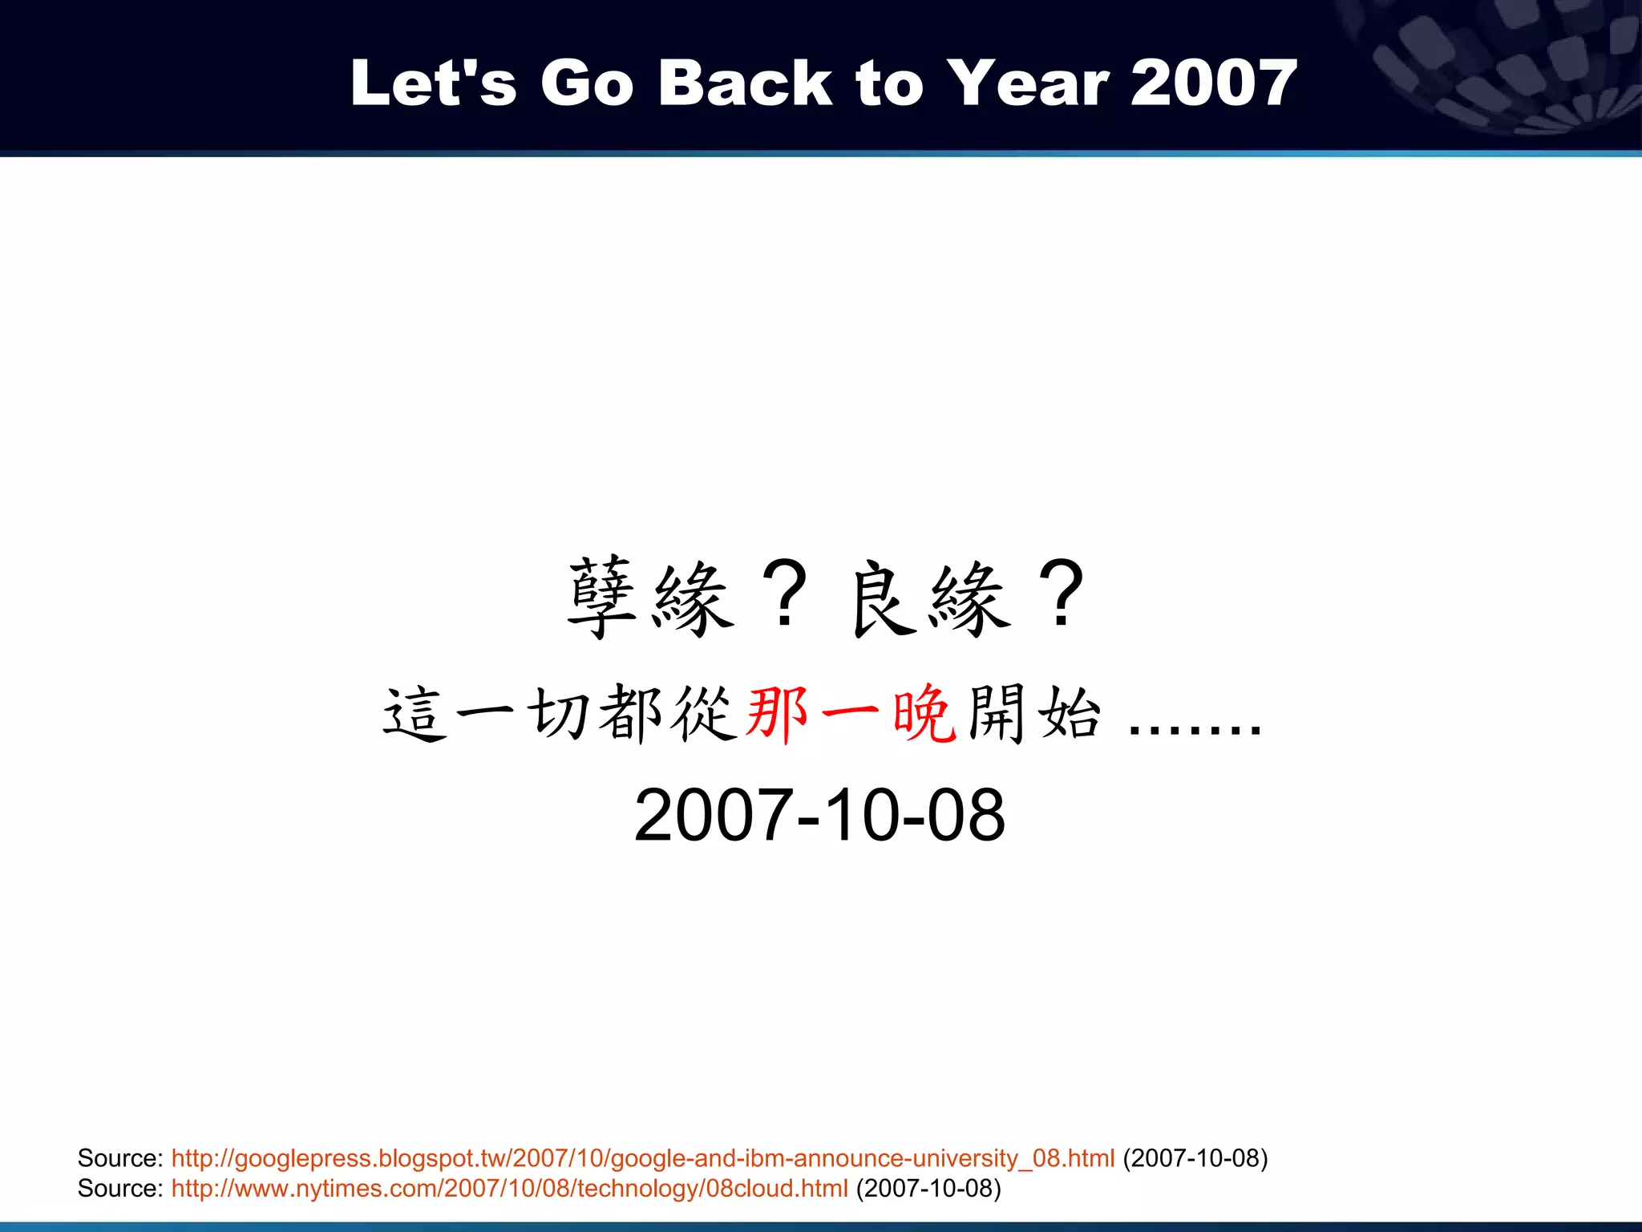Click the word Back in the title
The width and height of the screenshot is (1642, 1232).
pyautogui.click(x=745, y=83)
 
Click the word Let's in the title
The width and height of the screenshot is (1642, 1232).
pyautogui.click(x=433, y=83)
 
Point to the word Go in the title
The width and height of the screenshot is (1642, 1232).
pyautogui.click(x=587, y=83)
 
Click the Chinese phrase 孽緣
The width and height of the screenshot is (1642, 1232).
pyautogui.click(x=650, y=598)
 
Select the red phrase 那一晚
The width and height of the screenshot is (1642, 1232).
pyautogui.click(x=851, y=713)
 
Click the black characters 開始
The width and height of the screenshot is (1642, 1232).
pyautogui.click(x=1034, y=713)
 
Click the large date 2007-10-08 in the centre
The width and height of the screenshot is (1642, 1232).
pyautogui.click(x=819, y=815)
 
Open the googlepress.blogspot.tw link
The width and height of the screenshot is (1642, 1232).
pyautogui.click(x=642, y=1158)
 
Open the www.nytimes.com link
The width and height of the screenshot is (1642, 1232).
pyautogui.click(x=509, y=1188)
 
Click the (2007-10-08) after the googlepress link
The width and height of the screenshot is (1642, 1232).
pyautogui.click(x=1195, y=1158)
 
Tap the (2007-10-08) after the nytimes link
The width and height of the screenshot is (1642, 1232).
pyautogui.click(x=928, y=1188)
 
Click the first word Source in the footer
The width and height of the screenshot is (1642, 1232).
pyautogui.click(x=119, y=1158)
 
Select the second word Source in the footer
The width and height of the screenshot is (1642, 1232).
pyautogui.click(x=119, y=1188)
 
